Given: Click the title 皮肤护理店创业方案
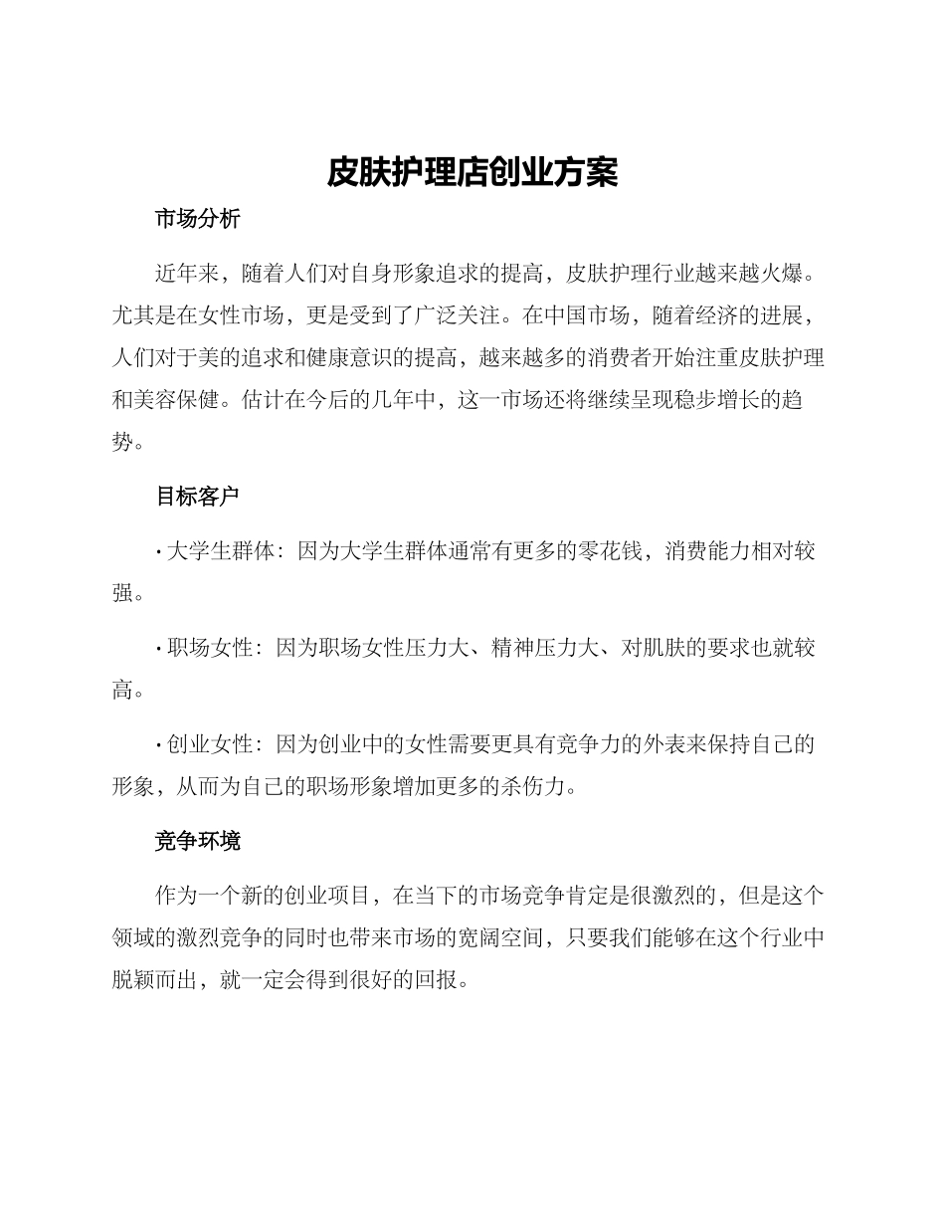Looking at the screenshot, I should pyautogui.click(x=472, y=172).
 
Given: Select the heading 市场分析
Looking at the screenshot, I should pyautogui.click(x=197, y=220).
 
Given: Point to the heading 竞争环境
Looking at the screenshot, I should pyautogui.click(x=197, y=842).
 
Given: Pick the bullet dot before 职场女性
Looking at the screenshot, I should pyautogui.click(x=159, y=649).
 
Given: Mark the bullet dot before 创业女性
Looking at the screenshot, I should pyautogui.click(x=159, y=745).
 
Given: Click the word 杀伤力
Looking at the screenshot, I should pyautogui.click(x=532, y=787).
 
